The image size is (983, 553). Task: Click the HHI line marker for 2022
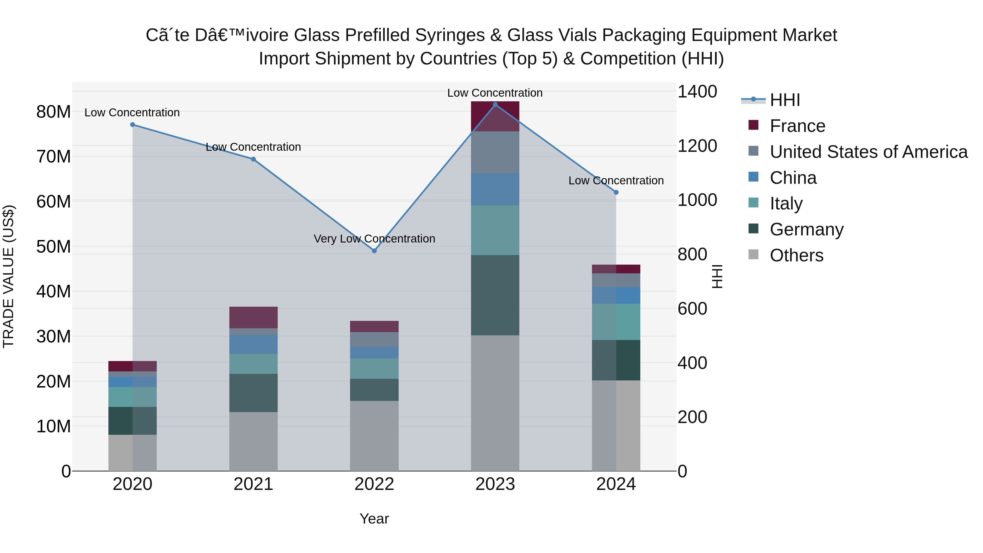[374, 251]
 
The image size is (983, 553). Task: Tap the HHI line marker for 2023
[495, 105]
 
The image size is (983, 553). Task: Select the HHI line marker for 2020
[132, 125]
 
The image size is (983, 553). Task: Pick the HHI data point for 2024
[616, 192]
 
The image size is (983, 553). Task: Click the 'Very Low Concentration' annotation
[374, 239]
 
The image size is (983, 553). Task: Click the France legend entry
[797, 126]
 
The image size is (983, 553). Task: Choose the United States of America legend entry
[868, 152]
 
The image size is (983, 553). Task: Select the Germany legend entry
[806, 229]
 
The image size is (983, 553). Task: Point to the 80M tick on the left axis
[54, 112]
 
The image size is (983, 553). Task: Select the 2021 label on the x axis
[253, 484]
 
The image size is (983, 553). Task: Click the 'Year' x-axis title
[374, 519]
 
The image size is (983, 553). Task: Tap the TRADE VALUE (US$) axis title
[8, 276]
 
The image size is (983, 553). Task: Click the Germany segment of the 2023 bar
[495, 295]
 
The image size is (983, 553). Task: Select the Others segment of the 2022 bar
[374, 436]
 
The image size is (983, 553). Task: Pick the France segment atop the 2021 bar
[253, 317]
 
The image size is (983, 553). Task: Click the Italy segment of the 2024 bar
[616, 322]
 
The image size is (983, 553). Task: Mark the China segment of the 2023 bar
[495, 189]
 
